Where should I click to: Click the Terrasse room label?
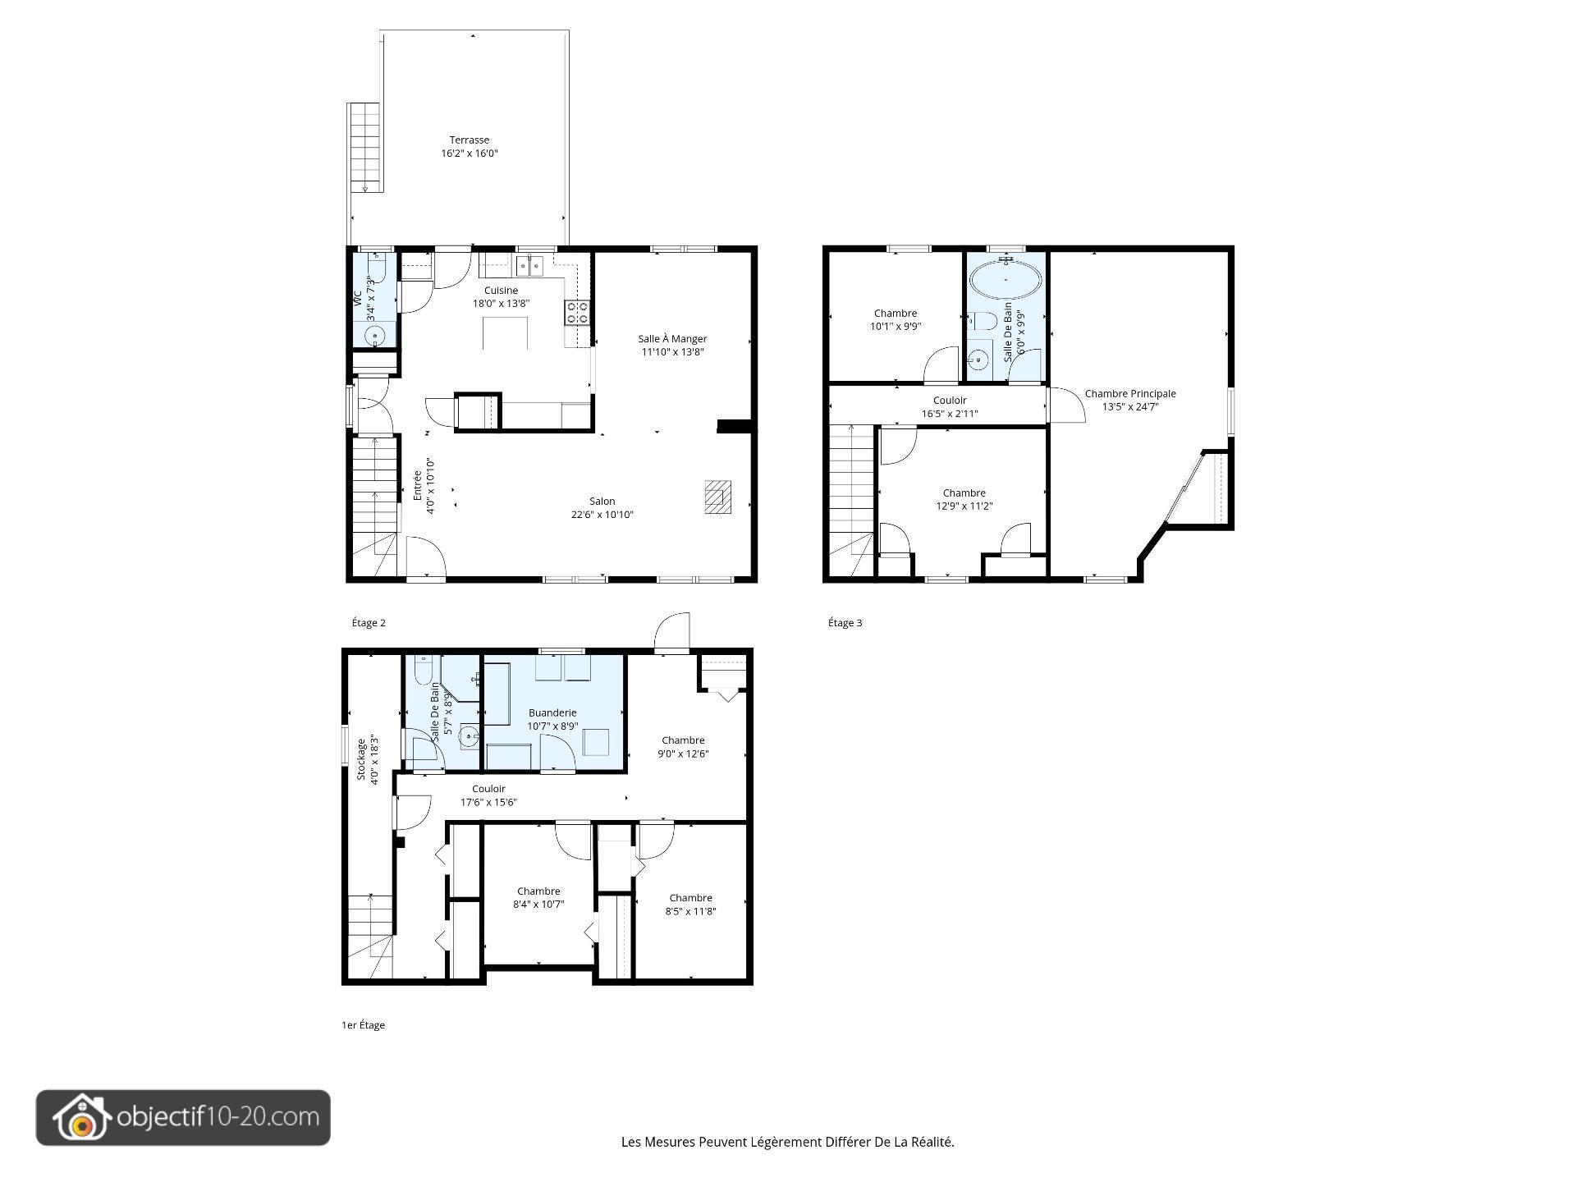coord(470,140)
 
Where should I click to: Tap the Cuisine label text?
coord(501,290)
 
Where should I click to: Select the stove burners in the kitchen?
coord(576,312)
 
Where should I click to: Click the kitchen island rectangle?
coord(504,333)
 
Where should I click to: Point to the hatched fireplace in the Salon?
coord(717,497)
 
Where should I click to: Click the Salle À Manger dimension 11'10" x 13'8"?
coord(673,352)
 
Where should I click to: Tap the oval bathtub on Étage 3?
coord(1006,280)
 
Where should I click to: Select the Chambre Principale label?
coord(1130,393)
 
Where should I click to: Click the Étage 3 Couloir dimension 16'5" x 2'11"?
coord(950,414)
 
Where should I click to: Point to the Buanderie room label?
coord(552,712)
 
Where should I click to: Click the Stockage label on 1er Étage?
coord(361,759)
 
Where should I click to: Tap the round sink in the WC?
coord(374,337)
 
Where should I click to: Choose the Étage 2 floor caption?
coord(369,623)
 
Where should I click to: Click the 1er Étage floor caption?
coord(363,1025)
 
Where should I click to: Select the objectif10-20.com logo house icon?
coord(81,1118)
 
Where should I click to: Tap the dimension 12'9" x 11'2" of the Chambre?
coord(964,506)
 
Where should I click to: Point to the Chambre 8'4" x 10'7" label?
coord(538,891)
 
